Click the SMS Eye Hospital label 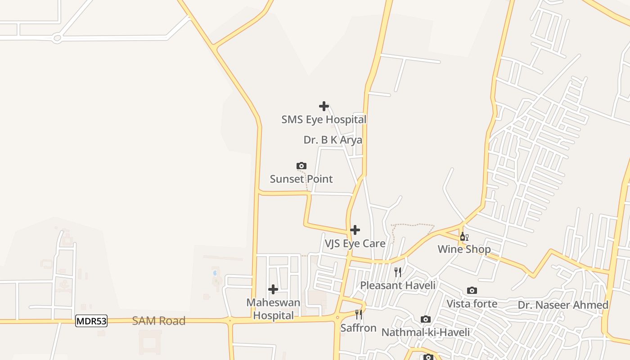click(324, 120)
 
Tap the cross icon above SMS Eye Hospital click(324, 106)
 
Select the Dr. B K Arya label click(333, 140)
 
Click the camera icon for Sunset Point click(301, 166)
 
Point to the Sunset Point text click(301, 179)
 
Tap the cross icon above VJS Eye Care click(355, 230)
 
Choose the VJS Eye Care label click(355, 243)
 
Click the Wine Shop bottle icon click(464, 236)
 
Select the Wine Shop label click(464, 249)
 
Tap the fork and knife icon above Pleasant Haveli click(398, 272)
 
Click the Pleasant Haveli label click(398, 285)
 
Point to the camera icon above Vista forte click(472, 291)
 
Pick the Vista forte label click(472, 304)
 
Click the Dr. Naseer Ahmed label click(563, 305)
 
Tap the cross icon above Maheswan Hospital click(273, 289)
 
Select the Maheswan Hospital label click(273, 309)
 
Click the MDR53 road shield click(91, 321)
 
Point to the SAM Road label click(158, 321)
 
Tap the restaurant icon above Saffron click(358, 314)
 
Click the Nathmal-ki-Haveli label click(425, 332)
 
